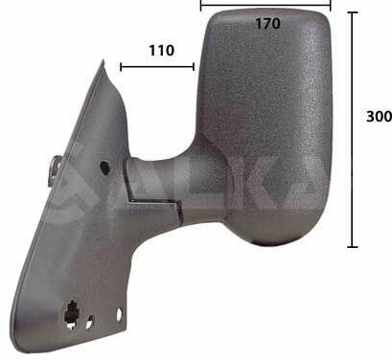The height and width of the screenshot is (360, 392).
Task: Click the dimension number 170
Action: coord(267,24)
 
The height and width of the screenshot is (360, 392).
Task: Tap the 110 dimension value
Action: coord(162,51)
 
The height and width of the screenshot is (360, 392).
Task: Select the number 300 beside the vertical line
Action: coord(379,117)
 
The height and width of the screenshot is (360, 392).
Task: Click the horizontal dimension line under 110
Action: coord(157,67)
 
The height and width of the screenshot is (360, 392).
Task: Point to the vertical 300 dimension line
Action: coord(353,129)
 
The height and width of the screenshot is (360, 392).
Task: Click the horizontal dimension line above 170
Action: coord(265,5)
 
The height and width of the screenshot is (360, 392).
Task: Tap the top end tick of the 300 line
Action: coord(353,12)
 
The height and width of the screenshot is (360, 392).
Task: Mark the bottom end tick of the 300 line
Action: coord(353,247)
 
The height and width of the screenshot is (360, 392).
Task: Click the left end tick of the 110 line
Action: coord(121,67)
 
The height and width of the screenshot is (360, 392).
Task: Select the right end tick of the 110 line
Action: coord(194,67)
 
